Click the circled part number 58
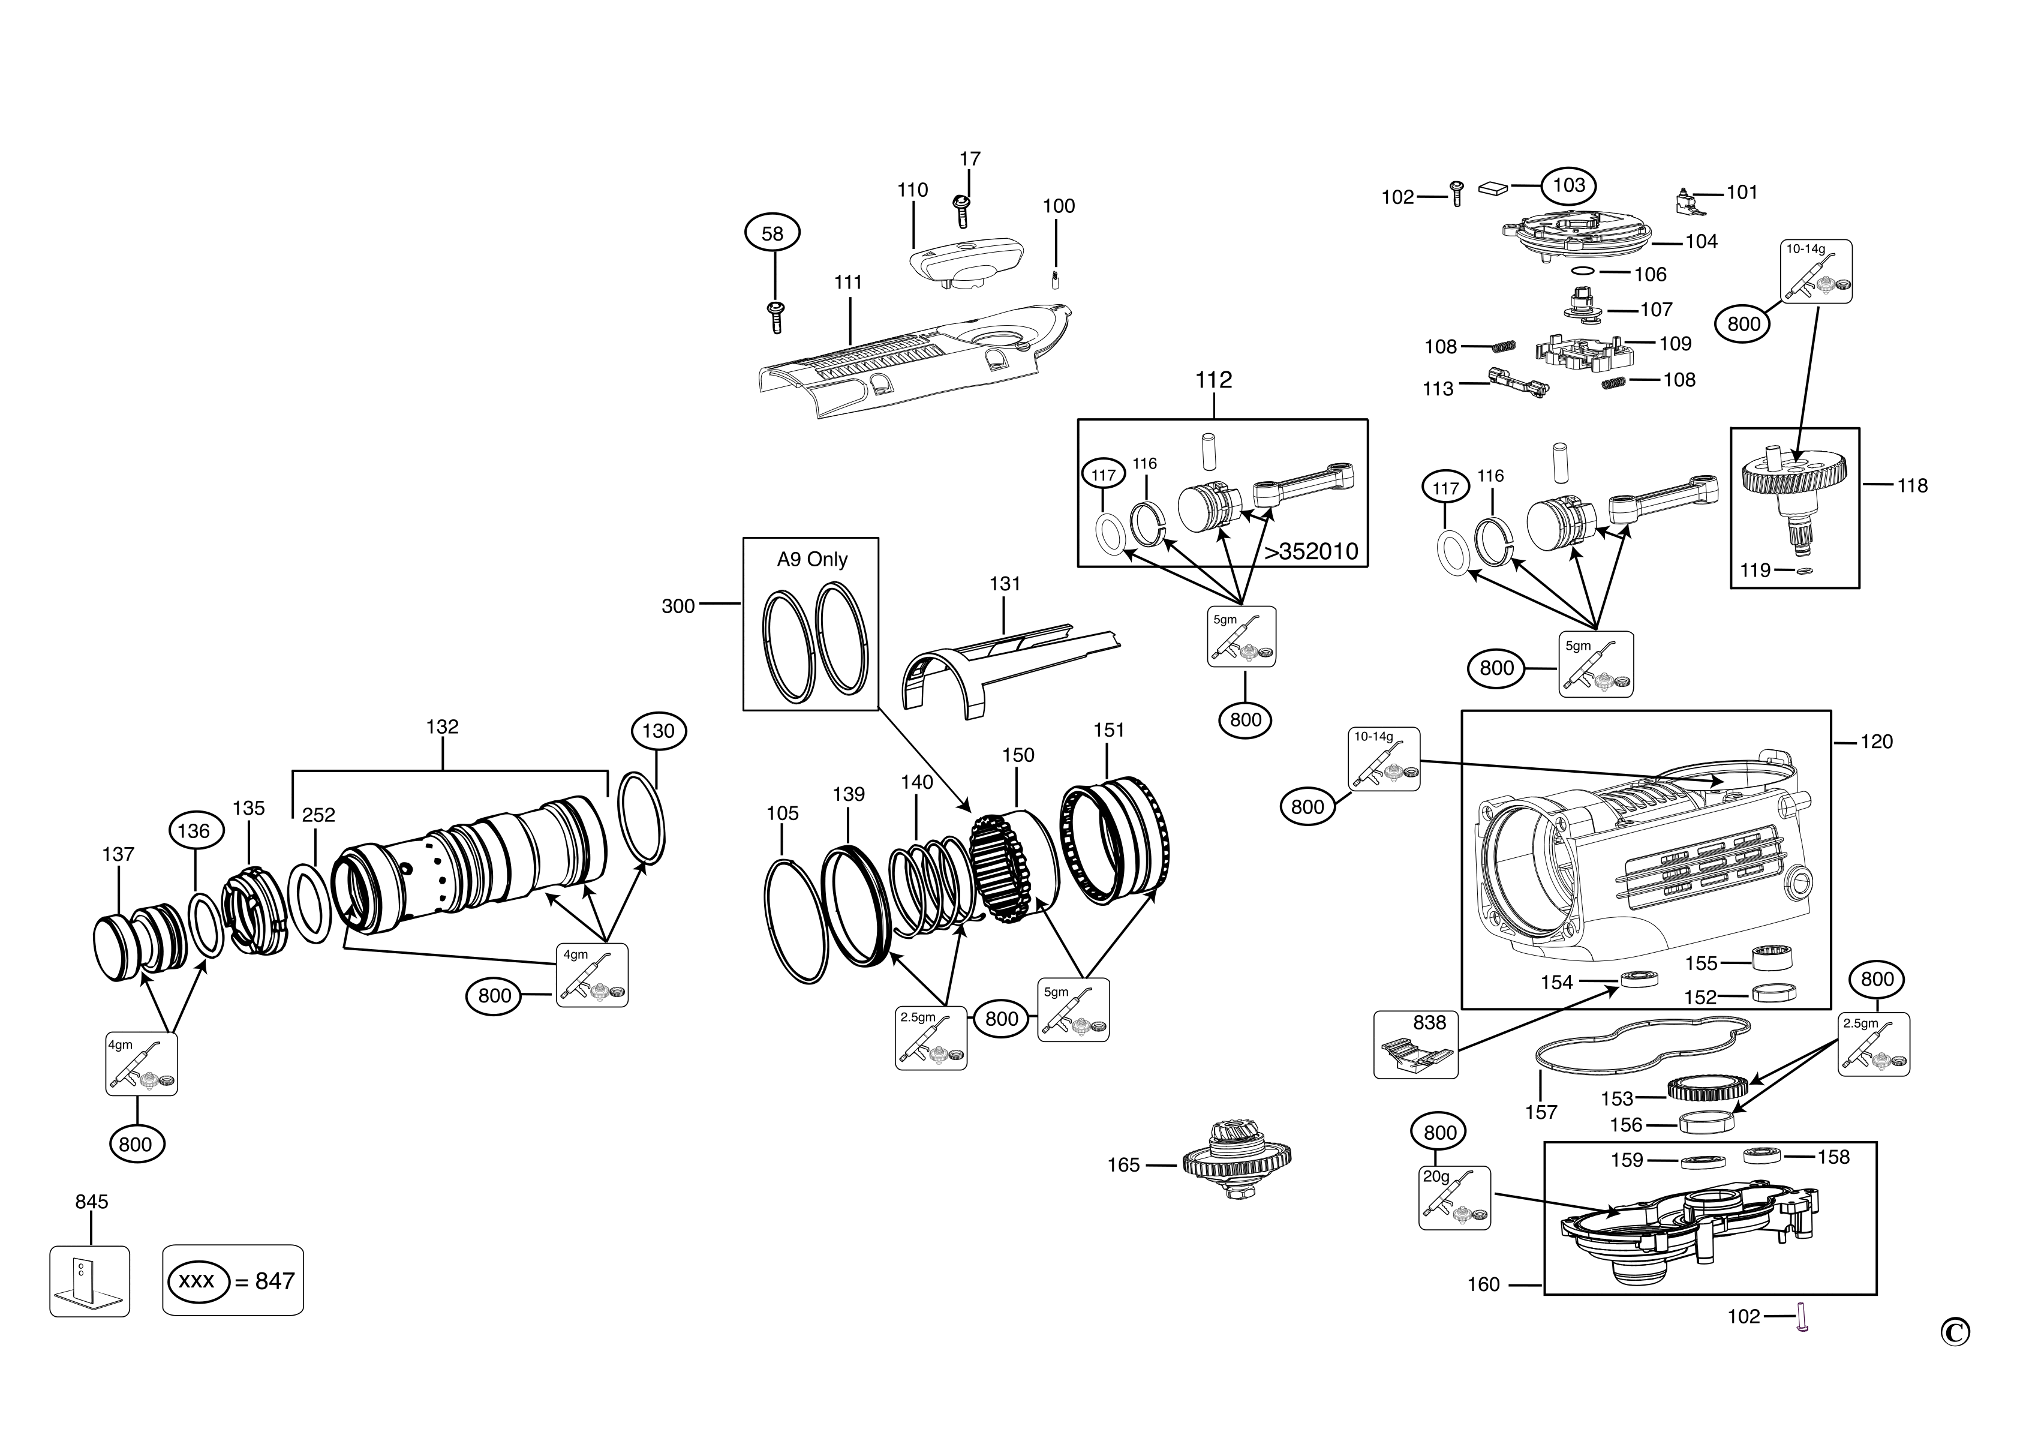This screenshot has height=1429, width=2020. tap(771, 233)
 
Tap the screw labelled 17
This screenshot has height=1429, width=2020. tap(961, 211)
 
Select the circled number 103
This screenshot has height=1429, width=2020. tap(1568, 185)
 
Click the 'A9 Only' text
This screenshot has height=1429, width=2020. tap(811, 560)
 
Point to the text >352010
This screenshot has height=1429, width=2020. tap(1311, 552)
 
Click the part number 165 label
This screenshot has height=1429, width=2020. tap(1123, 1165)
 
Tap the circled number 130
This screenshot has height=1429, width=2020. tap(658, 731)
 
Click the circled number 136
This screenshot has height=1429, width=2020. tap(194, 831)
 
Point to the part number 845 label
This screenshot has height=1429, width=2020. tap(92, 1202)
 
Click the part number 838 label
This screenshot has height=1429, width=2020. tap(1429, 1022)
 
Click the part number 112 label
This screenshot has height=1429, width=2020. tap(1213, 380)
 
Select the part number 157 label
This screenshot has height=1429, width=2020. tap(1541, 1112)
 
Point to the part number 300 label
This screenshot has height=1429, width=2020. tap(678, 607)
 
